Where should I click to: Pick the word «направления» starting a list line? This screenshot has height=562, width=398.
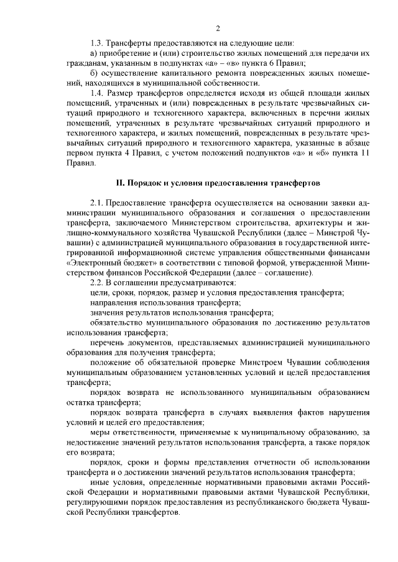point(115,304)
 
